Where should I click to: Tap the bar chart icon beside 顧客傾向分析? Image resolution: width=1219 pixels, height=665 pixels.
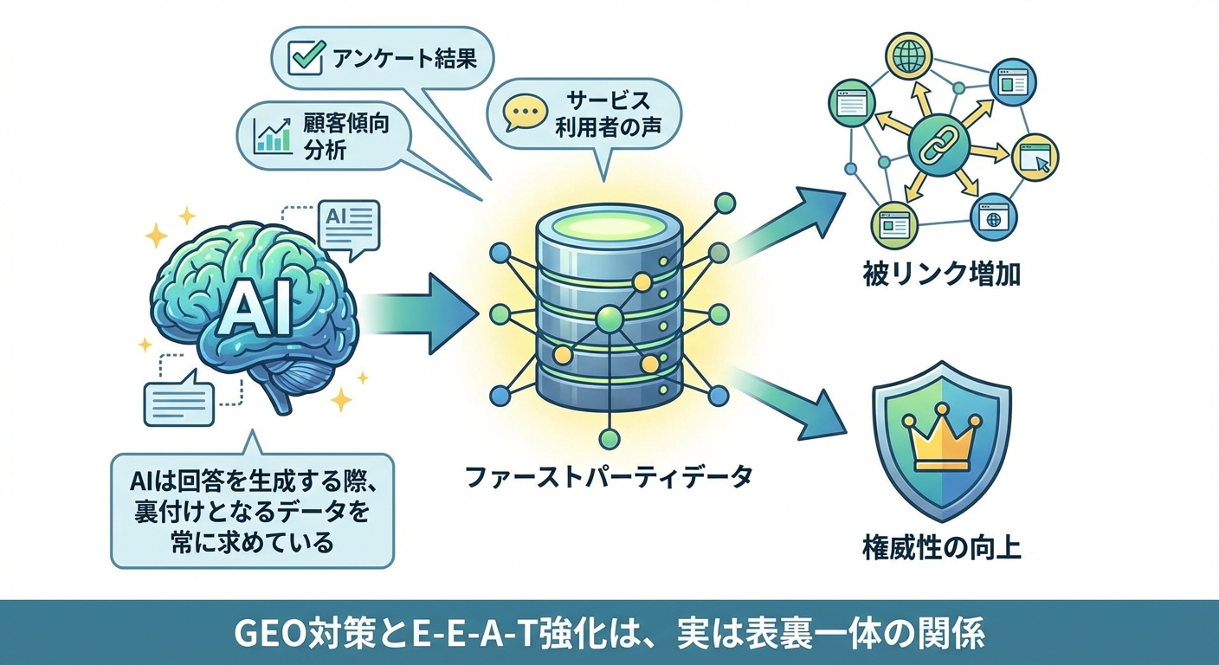click(x=272, y=135)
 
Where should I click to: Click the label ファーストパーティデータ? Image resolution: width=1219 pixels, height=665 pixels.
click(x=610, y=477)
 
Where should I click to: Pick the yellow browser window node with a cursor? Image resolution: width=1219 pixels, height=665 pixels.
click(x=1035, y=158)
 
